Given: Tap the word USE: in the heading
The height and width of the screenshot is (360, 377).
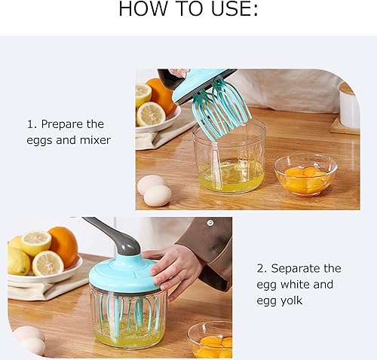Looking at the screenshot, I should tap(231, 10).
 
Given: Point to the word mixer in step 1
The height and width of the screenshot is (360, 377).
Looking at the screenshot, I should tap(96, 140).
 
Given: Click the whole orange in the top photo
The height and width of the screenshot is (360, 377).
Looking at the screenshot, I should tap(161, 94).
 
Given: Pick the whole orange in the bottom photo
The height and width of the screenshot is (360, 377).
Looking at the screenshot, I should tap(63, 245).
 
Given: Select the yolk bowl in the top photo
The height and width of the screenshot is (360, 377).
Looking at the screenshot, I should tap(305, 175).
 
